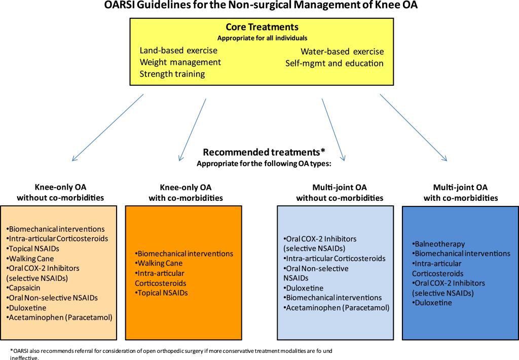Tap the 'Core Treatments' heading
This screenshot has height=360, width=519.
point(262,27)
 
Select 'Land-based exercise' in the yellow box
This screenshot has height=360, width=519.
point(178,51)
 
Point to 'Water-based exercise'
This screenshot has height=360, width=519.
point(342,52)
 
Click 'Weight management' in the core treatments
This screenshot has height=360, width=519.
point(180,62)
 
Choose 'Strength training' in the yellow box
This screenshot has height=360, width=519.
point(172,74)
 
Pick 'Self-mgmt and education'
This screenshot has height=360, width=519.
point(335,63)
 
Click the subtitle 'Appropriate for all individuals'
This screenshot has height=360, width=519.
point(262,38)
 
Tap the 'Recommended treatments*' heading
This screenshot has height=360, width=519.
point(264,152)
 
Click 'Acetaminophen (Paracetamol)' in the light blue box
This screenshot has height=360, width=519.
point(337,307)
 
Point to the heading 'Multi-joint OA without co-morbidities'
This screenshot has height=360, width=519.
point(340,193)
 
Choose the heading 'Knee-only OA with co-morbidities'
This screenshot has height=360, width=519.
point(186,193)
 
